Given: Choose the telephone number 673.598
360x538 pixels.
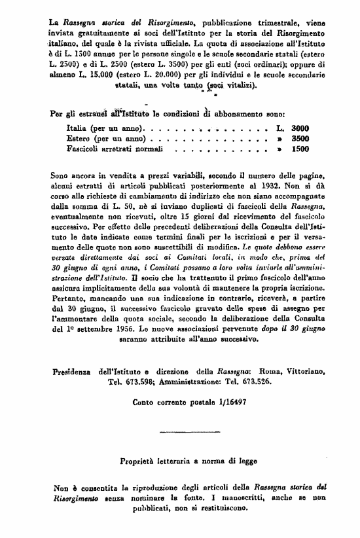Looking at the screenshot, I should [x=126, y=381].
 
